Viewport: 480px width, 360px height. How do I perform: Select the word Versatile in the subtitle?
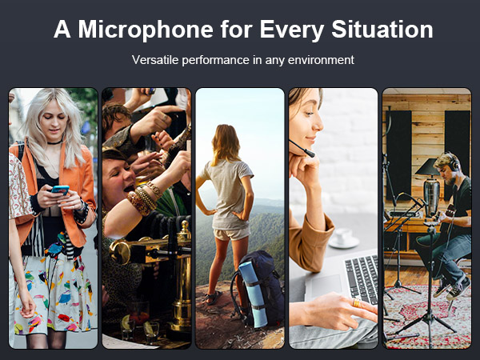pos(156,59)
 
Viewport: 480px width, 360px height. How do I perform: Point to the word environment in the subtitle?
pos(319,59)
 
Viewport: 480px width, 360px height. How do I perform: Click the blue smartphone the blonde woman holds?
pos(60,190)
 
